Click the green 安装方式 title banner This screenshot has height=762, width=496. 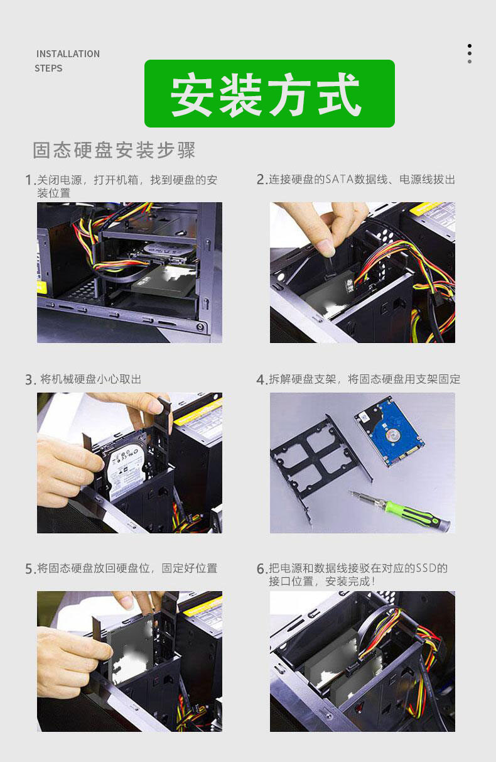point(269,94)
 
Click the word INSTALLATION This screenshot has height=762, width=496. point(68,54)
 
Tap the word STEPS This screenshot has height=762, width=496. point(48,68)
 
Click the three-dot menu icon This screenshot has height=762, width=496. point(470,53)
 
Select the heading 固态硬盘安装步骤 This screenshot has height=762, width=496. point(114,150)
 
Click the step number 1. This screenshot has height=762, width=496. point(29,180)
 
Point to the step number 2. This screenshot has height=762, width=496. point(261,179)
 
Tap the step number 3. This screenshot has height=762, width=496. point(30,379)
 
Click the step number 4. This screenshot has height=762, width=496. point(261,379)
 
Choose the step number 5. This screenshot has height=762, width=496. point(30,569)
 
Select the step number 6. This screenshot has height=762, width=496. point(261,569)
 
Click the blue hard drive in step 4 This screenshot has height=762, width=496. point(390,431)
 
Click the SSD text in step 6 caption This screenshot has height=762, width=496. point(426,568)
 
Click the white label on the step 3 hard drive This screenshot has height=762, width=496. point(125,467)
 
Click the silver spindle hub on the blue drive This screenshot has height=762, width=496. point(392,435)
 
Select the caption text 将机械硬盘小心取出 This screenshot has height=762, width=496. point(91,379)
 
